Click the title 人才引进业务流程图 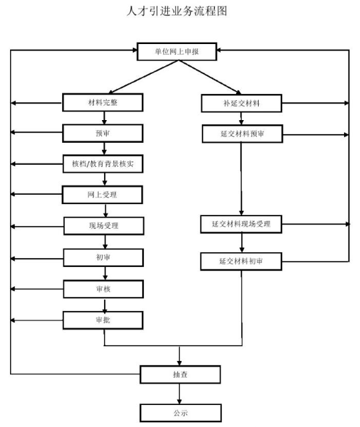[177, 11]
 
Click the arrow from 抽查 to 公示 [179, 394]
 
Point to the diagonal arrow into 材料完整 [143, 77]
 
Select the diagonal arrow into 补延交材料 [210, 77]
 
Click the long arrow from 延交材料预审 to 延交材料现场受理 [241, 179]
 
